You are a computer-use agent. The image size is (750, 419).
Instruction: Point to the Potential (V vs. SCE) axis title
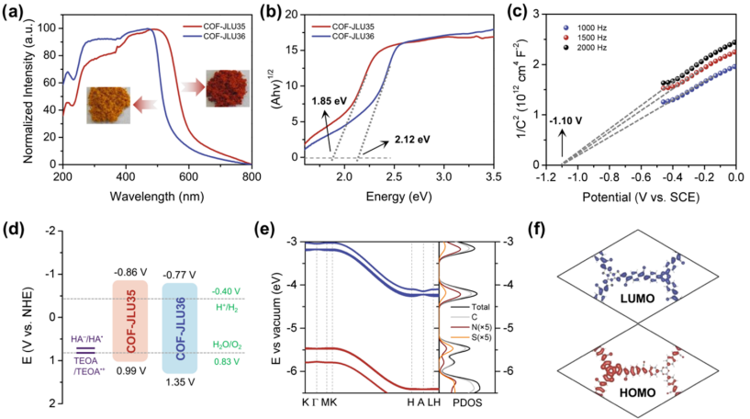click(646, 195)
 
